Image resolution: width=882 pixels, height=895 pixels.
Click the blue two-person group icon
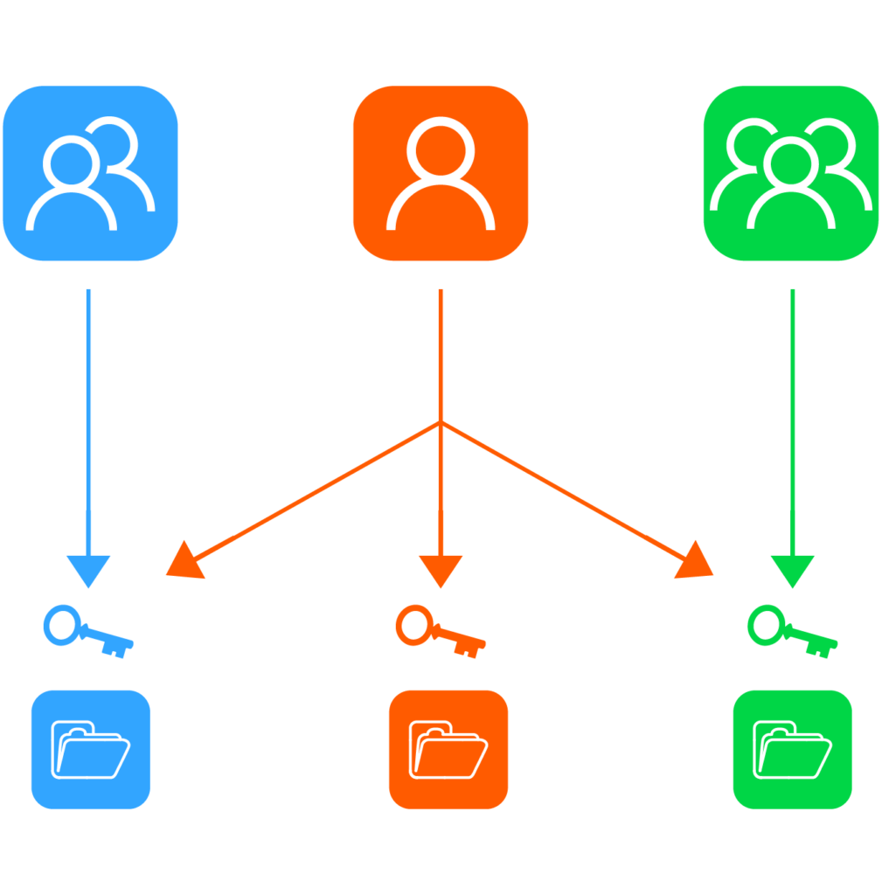pyautogui.click(x=90, y=173)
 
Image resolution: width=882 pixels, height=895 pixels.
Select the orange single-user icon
pyautogui.click(x=441, y=173)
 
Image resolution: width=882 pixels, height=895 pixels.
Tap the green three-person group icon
pyautogui.click(x=791, y=173)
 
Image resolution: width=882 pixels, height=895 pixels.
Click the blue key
pyautogui.click(x=87, y=632)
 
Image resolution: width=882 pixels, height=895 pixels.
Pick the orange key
pyautogui.click(x=439, y=632)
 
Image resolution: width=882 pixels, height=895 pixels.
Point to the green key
pyautogui.click(x=791, y=632)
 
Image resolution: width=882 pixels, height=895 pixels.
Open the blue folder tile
pyautogui.click(x=90, y=749)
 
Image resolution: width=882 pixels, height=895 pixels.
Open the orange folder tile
pyautogui.click(x=448, y=749)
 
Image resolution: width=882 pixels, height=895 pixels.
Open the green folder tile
pyautogui.click(x=792, y=749)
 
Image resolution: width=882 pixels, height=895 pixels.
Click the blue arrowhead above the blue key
pyautogui.click(x=88, y=571)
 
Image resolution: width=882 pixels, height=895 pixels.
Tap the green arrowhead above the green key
pyautogui.click(x=792, y=571)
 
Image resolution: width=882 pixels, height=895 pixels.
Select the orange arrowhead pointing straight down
pyautogui.click(x=441, y=571)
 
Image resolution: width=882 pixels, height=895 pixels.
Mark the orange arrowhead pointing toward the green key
pyautogui.click(x=696, y=562)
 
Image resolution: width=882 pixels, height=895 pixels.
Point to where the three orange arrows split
pyautogui.click(x=441, y=424)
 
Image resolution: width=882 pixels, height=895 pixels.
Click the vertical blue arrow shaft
pyautogui.click(x=88, y=420)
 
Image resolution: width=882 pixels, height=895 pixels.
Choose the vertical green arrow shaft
pyautogui.click(x=792, y=420)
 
